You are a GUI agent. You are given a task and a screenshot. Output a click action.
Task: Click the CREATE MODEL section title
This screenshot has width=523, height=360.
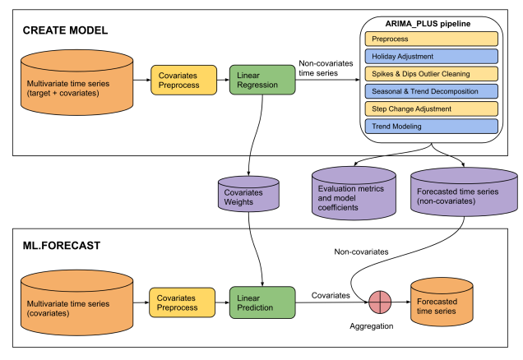[65, 30]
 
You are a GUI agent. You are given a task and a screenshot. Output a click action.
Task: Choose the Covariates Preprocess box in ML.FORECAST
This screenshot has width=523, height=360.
[183, 302]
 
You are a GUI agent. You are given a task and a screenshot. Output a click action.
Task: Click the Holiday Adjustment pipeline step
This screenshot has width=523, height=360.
[432, 56]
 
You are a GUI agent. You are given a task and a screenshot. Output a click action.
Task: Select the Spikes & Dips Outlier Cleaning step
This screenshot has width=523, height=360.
[432, 73]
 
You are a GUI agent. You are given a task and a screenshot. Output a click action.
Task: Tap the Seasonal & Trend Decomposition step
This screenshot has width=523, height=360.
[432, 91]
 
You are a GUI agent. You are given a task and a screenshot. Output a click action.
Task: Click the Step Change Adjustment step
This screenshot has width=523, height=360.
[432, 108]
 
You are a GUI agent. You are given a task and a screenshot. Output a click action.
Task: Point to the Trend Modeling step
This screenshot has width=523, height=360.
[432, 127]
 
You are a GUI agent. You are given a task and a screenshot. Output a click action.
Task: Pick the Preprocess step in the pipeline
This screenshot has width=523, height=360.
[432, 38]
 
